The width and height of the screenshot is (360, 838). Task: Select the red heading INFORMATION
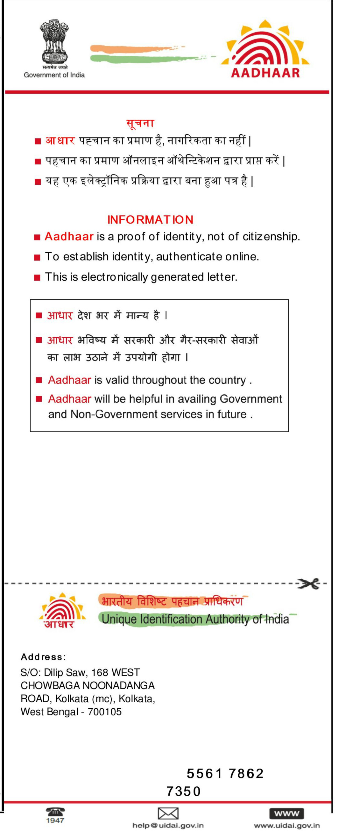(150, 219)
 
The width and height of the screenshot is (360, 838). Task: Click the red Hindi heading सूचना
(140, 123)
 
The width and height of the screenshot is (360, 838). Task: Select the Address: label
(43, 657)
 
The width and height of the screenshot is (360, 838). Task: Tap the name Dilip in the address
(53, 672)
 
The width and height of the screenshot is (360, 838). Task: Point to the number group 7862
(246, 773)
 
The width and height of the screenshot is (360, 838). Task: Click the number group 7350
(184, 791)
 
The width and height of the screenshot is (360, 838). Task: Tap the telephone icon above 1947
(55, 811)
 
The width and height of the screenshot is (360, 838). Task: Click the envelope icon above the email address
(168, 813)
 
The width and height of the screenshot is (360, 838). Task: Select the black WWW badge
(286, 813)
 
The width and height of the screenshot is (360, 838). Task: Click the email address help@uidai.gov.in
(168, 825)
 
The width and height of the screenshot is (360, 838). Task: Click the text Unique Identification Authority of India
(195, 619)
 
